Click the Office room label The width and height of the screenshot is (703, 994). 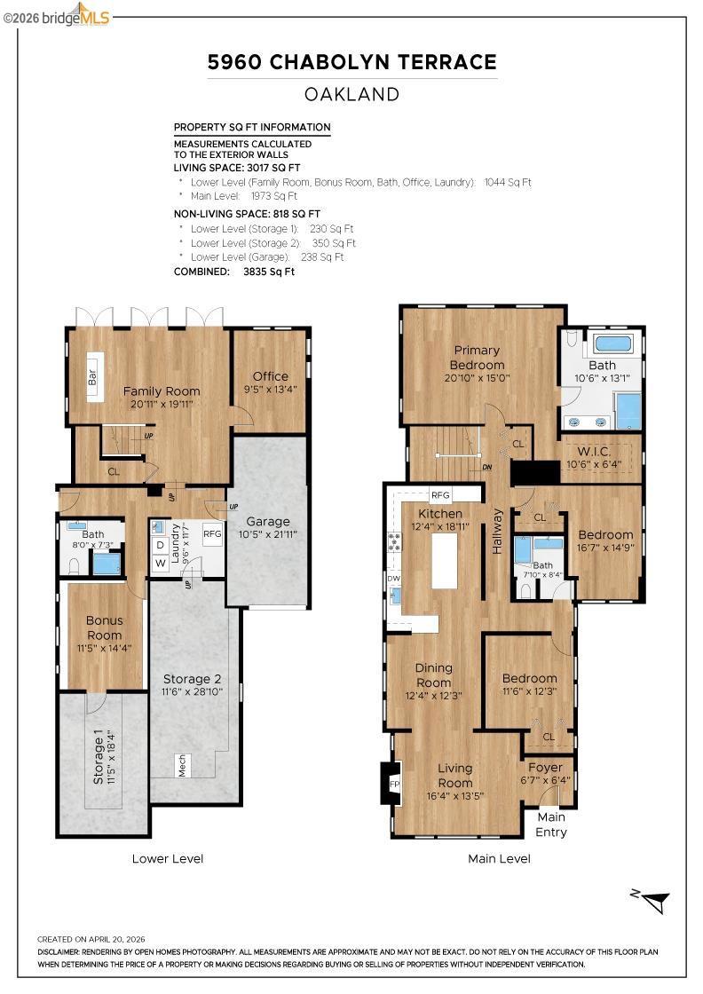tap(270, 376)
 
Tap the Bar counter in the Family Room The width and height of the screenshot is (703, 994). tap(96, 376)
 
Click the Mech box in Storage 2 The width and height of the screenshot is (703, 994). tap(183, 765)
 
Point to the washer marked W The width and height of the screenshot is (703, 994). tap(161, 563)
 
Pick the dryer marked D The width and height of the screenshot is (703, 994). tap(161, 545)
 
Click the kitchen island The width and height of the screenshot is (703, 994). tap(445, 561)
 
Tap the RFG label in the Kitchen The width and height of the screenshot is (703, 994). tap(440, 495)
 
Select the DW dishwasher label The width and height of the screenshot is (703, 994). tap(393, 578)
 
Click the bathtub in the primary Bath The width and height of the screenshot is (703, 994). tap(612, 344)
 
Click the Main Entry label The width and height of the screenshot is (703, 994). tap(551, 824)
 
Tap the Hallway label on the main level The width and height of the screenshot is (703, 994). tap(498, 532)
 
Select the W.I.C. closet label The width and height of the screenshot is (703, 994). tap(594, 452)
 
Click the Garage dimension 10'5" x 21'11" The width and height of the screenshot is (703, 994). tap(268, 534)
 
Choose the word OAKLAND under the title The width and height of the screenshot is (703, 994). tap(351, 94)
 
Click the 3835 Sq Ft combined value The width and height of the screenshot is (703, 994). tap(269, 272)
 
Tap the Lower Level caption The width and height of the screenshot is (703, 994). tap(168, 859)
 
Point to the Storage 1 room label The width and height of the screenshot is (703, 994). tap(99, 756)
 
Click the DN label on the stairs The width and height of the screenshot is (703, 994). tap(486, 468)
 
